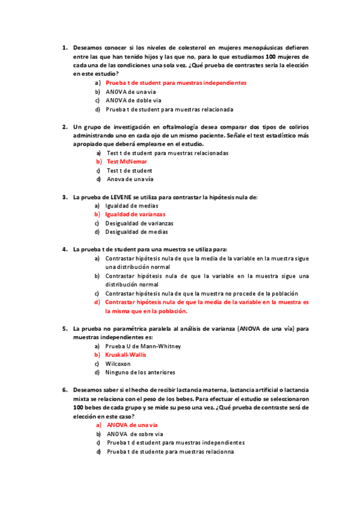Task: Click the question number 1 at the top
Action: pyautogui.click(x=64, y=46)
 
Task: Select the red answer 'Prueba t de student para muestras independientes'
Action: pyautogui.click(x=175, y=82)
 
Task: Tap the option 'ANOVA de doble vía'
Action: pyautogui.click(x=133, y=100)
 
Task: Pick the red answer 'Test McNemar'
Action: pyautogui.click(x=127, y=162)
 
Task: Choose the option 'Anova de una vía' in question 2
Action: pyautogui.click(x=130, y=179)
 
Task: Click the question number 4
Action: pyautogui.click(x=64, y=249)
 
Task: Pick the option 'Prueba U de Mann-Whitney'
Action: pyautogui.click(x=143, y=346)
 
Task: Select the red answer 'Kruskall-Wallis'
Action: pyautogui.click(x=126, y=355)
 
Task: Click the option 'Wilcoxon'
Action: pyautogui.click(x=118, y=364)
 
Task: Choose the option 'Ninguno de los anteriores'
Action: pyautogui.click(x=140, y=372)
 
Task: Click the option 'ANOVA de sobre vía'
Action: pyautogui.click(x=135, y=434)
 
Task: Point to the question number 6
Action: pyautogui.click(x=64, y=390)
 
